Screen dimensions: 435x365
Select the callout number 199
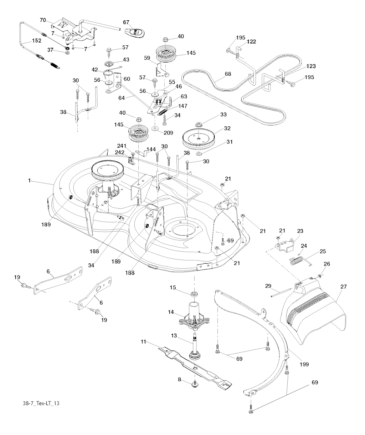pyautogui.click(x=304, y=364)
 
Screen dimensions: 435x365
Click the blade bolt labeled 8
pyautogui.click(x=195, y=384)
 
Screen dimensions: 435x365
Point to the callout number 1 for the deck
pyautogui.click(x=30, y=181)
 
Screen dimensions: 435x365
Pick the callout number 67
pyautogui.click(x=126, y=22)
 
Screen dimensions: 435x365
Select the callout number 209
pyautogui.click(x=168, y=133)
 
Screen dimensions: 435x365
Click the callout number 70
pyautogui.click(x=42, y=20)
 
